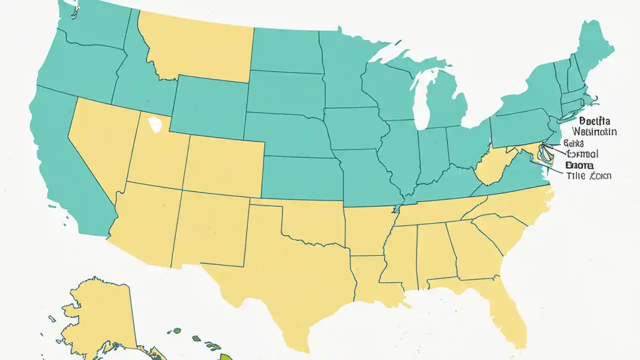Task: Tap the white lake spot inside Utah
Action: (155, 124)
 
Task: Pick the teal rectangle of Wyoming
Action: (209, 107)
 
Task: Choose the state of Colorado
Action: (225, 165)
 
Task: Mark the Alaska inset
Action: (100, 315)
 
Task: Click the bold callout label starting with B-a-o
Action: (579, 164)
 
